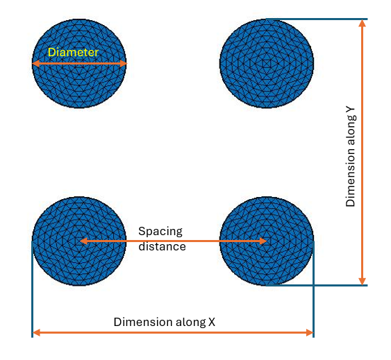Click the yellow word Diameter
point(73,52)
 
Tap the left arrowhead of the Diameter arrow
point(36,64)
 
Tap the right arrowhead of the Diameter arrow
point(124,64)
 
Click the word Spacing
point(160,232)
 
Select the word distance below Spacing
point(162,247)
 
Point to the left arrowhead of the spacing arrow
point(83,241)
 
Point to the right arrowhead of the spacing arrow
point(263,241)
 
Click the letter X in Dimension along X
point(211,322)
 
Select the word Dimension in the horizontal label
point(143,322)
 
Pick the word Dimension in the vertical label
point(350,178)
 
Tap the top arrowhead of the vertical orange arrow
point(362,23)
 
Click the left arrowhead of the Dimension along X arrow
point(36,332)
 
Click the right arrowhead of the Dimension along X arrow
point(310,332)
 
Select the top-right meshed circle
point(267,64)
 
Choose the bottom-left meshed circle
point(79,241)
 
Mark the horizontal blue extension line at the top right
point(317,19)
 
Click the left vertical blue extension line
point(33,289)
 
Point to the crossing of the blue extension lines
point(313,286)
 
